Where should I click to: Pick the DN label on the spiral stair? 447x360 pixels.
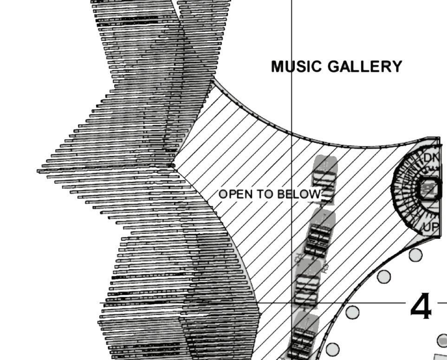pyautogui.click(x=431, y=158)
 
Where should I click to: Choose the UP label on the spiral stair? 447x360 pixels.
pyautogui.click(x=430, y=227)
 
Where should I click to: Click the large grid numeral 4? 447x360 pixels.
pyautogui.click(x=421, y=307)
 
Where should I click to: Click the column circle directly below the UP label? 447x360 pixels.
pyautogui.click(x=415, y=255)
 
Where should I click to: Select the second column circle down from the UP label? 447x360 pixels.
pyautogui.click(x=384, y=276)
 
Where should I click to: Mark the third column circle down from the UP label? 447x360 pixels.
pyautogui.click(x=353, y=312)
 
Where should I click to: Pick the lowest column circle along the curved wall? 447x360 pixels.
pyautogui.click(x=332, y=349)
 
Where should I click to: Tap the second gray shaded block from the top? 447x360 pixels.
pyautogui.click(x=322, y=231)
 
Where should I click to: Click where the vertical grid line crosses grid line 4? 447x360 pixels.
pyautogui.click(x=292, y=303)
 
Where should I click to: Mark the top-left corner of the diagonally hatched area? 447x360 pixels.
pyautogui.click(x=213, y=81)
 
